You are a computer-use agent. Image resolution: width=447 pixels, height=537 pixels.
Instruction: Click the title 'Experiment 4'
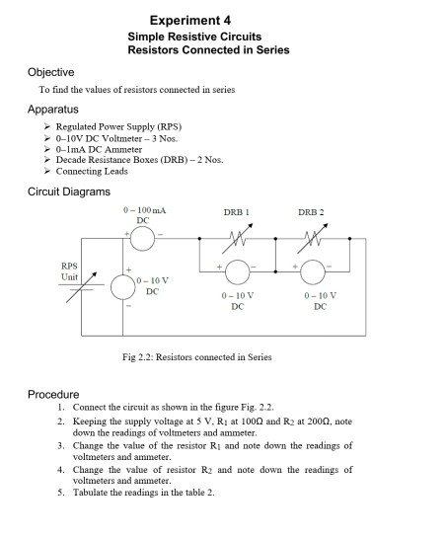pos(190,20)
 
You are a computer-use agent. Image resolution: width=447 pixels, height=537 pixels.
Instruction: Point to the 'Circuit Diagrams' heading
pos(68,191)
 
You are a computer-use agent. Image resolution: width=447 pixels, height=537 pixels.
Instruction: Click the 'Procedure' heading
pos(54,394)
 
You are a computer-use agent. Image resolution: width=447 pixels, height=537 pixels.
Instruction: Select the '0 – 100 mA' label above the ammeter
pos(143,212)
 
